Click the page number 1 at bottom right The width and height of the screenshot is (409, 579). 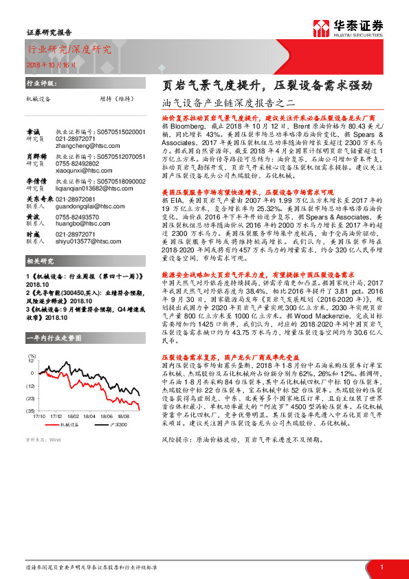(381, 566)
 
